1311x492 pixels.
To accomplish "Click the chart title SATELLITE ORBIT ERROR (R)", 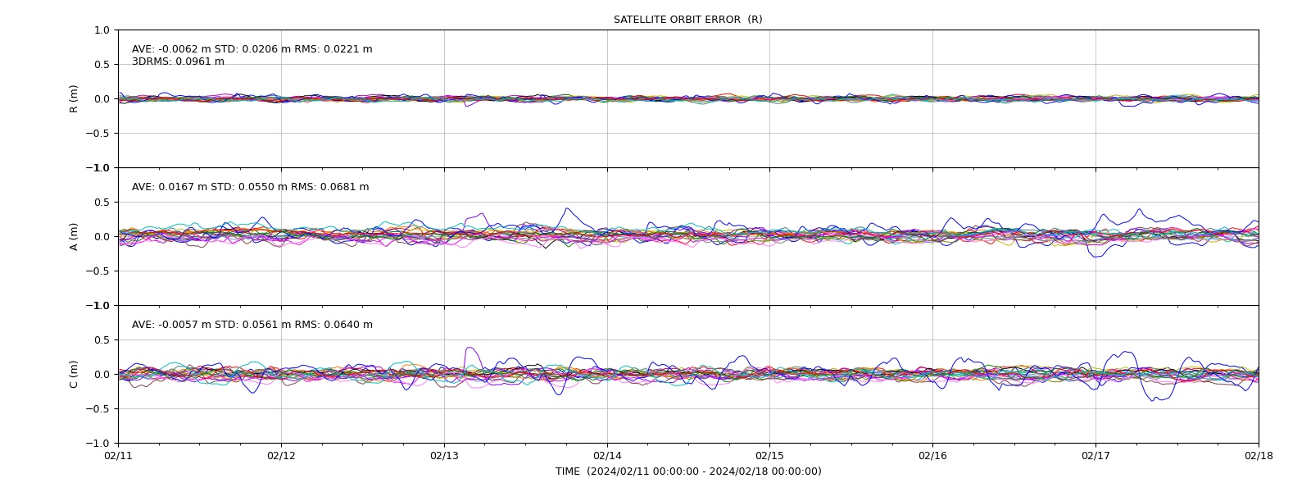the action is coord(687,20).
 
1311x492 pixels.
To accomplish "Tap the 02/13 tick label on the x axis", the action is coord(444,456).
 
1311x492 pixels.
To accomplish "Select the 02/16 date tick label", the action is coord(932,456).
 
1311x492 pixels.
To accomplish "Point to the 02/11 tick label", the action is coord(118,456).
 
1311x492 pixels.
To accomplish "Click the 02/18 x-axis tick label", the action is coord(1259,456).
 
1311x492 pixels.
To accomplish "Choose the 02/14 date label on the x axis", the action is coord(607,456).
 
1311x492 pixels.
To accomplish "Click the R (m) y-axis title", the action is coord(74,99).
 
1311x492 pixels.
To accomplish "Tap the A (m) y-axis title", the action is coord(74,237).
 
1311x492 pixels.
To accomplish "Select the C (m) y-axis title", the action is coord(74,374).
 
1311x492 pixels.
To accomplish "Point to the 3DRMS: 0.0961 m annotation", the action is coord(178,61).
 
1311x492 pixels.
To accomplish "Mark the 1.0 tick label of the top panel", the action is coord(102,30).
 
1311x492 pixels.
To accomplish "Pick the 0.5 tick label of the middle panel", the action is coord(102,202).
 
